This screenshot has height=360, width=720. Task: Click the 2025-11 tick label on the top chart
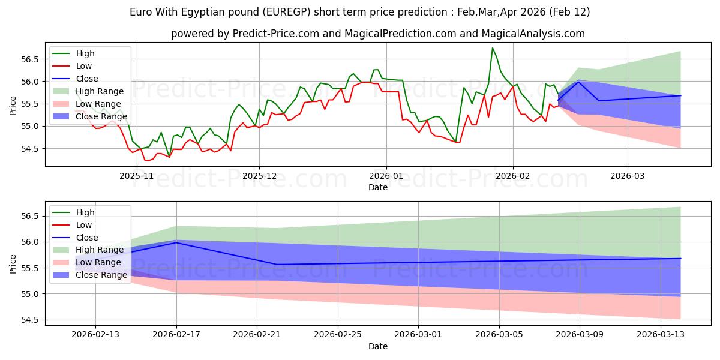pos(137,175)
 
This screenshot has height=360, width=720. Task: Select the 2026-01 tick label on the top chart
pos(386,175)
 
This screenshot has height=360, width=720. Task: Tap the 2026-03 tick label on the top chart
pos(628,175)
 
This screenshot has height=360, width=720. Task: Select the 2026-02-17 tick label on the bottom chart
pos(176,334)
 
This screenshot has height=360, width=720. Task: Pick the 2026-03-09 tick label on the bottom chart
pos(580,334)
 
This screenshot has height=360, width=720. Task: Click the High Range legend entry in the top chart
pos(100,91)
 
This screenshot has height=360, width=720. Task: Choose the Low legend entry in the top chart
pos(84,66)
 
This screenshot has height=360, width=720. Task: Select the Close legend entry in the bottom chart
pos(88,238)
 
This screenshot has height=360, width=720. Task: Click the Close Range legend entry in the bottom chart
pos(101,275)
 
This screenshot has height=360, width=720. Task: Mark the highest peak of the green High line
pos(493,48)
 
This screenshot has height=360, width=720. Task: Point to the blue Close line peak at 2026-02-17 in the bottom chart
pos(176,242)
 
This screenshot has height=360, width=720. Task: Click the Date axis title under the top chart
pos(378,187)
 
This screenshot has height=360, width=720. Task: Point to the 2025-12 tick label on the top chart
pos(259,175)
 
